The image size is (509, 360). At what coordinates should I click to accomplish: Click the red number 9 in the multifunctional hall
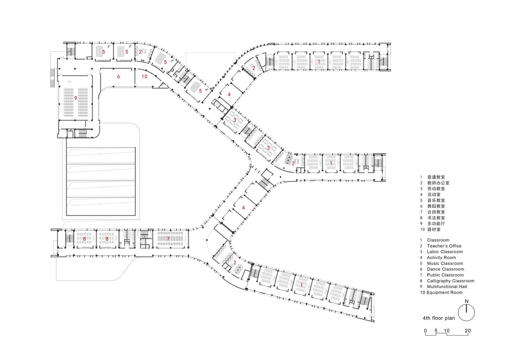click(x=76, y=98)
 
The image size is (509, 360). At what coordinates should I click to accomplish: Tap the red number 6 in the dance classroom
click(x=118, y=77)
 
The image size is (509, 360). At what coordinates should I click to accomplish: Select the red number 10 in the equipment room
click(x=144, y=77)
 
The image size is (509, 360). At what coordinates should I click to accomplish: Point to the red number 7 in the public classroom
click(x=168, y=239)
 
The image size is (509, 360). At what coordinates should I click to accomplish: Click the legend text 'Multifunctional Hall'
click(x=447, y=287)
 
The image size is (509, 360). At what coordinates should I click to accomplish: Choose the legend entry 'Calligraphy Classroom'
click(x=451, y=281)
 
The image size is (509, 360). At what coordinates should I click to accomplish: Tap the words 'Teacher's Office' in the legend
click(x=444, y=246)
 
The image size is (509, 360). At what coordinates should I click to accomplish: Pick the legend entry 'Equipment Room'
click(x=445, y=292)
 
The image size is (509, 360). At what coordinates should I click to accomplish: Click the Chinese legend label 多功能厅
click(x=436, y=224)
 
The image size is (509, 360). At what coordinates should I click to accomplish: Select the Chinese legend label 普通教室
click(x=436, y=177)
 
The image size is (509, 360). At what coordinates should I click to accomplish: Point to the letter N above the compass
click(x=467, y=301)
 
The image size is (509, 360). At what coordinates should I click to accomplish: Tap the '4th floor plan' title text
click(x=439, y=318)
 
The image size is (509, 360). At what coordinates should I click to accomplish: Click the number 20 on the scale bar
click(x=468, y=331)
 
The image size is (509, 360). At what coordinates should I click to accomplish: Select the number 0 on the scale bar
click(x=425, y=331)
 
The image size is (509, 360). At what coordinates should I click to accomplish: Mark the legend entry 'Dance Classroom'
click(x=446, y=269)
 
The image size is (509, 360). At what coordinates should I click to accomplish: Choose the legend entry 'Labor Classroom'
click(x=445, y=252)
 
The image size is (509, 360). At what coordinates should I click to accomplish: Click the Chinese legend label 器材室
click(x=434, y=230)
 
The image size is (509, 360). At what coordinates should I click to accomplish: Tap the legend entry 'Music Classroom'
click(x=445, y=264)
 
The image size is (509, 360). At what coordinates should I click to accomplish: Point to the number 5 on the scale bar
click(x=436, y=331)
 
